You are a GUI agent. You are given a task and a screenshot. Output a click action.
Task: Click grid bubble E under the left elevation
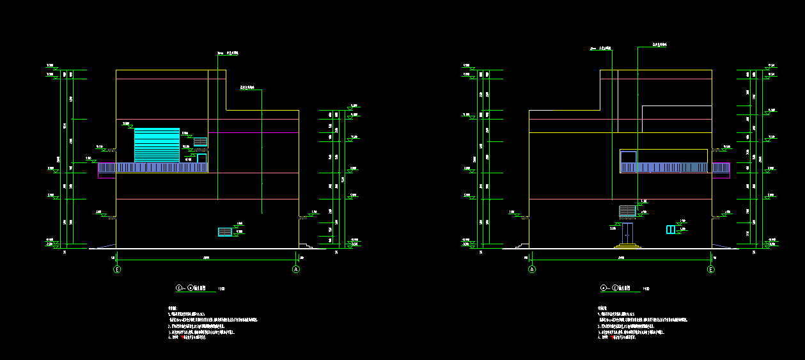[x=117, y=270]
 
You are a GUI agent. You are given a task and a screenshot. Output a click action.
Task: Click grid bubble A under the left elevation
[x=296, y=270]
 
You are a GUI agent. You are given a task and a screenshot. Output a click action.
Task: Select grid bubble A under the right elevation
[x=532, y=270]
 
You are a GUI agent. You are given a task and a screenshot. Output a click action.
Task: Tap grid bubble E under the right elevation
[x=711, y=270]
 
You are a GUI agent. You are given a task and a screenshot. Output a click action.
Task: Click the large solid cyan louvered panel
[x=157, y=145]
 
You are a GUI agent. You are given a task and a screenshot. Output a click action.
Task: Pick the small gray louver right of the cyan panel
[x=200, y=141]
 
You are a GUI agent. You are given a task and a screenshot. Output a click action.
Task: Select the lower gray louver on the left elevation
[x=225, y=231]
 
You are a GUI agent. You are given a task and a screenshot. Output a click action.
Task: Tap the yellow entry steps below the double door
[x=627, y=246]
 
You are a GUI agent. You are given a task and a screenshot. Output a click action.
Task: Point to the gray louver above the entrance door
[x=627, y=211]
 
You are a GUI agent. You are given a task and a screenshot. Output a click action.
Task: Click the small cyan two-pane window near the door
[x=670, y=230]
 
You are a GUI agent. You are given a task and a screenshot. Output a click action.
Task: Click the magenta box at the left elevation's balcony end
[x=107, y=175]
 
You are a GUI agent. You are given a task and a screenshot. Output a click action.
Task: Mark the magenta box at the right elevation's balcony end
[x=721, y=175]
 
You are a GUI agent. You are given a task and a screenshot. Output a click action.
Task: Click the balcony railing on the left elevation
[x=153, y=168]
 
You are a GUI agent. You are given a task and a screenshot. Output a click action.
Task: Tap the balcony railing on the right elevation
[x=665, y=168]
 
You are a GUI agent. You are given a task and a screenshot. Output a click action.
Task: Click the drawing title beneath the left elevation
[x=198, y=288]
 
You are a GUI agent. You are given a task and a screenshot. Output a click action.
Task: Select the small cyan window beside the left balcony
[x=202, y=158]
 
